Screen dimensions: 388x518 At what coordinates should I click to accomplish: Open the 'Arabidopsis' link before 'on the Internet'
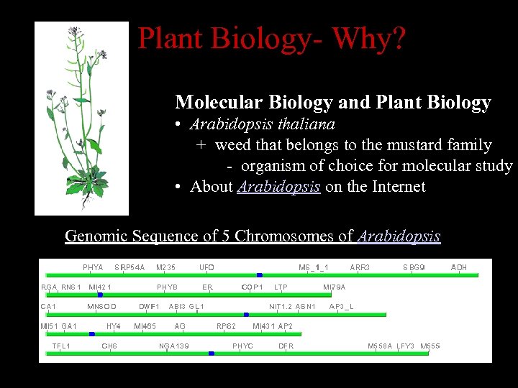(x=278, y=187)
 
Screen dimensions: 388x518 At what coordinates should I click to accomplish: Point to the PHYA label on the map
(x=93, y=267)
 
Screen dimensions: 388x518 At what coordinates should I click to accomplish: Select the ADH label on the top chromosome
(x=458, y=267)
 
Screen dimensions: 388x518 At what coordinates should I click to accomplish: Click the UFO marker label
(x=206, y=267)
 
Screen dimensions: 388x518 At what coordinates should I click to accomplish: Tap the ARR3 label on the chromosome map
(x=360, y=267)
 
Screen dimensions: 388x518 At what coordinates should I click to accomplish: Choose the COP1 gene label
(x=252, y=287)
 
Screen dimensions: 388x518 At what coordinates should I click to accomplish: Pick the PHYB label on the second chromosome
(x=167, y=287)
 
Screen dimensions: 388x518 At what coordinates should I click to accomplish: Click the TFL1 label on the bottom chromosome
(x=61, y=346)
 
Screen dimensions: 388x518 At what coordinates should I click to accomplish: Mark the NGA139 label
(x=174, y=346)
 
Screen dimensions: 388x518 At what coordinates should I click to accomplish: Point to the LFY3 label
(x=405, y=346)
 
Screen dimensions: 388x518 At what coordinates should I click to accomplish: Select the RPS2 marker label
(x=226, y=326)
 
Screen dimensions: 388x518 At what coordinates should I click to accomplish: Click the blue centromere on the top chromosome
(x=259, y=275)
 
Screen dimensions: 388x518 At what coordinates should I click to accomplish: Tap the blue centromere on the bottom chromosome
(x=211, y=354)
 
